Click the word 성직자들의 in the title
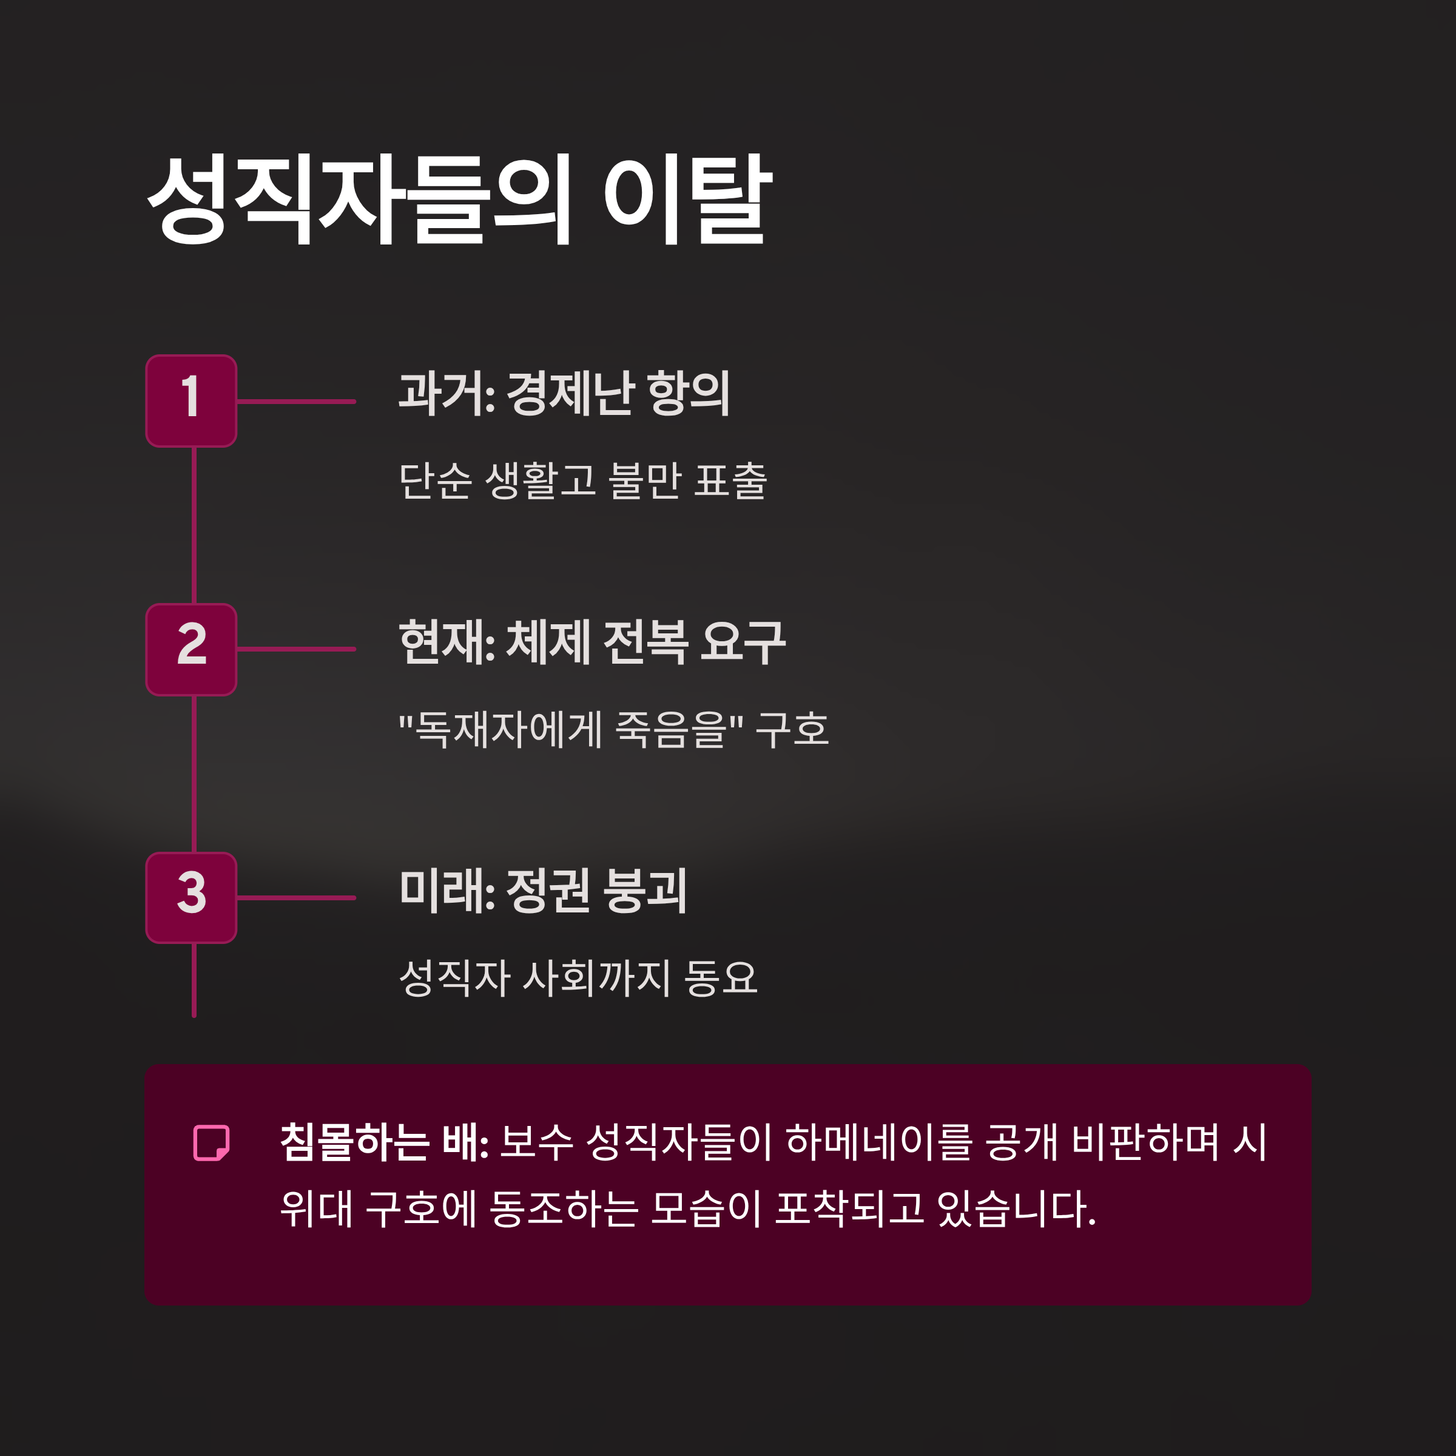point(359,200)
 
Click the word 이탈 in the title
point(687,200)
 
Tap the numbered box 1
point(192,401)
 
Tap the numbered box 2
point(192,649)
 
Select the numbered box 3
point(192,898)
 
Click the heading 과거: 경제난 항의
point(564,393)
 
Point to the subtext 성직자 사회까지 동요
point(578,977)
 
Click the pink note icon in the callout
point(211,1142)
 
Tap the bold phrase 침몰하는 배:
point(385,1142)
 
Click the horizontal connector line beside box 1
point(296,402)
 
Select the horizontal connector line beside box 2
point(296,649)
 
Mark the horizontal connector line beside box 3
point(296,898)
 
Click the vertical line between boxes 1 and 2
point(194,525)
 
